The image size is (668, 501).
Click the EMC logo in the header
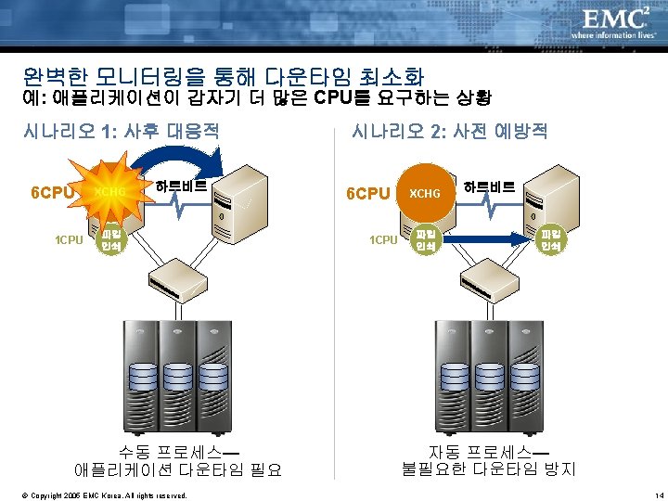pos(615,19)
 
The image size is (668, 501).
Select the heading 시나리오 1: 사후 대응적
pos(120,130)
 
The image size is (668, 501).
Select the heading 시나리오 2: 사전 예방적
pos(449,130)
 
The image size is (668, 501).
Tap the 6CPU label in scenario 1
pos(51,193)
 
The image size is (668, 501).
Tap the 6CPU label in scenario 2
pos(367,193)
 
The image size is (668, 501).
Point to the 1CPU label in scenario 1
pos(68,240)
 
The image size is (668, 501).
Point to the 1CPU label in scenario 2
pos(383,240)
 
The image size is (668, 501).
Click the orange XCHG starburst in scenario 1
pos(109,192)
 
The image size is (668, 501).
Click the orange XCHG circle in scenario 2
pos(425,193)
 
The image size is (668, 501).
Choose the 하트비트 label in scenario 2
pos(489,185)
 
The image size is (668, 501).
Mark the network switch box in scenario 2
pos(488,274)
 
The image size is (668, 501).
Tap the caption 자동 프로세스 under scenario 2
pos(488,452)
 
